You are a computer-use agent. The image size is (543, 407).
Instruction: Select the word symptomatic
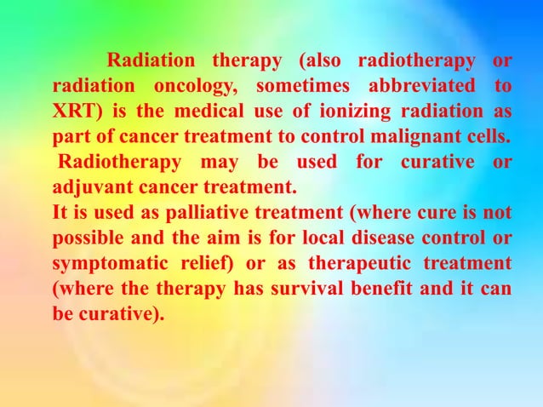pyautogui.click(x=107, y=261)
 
